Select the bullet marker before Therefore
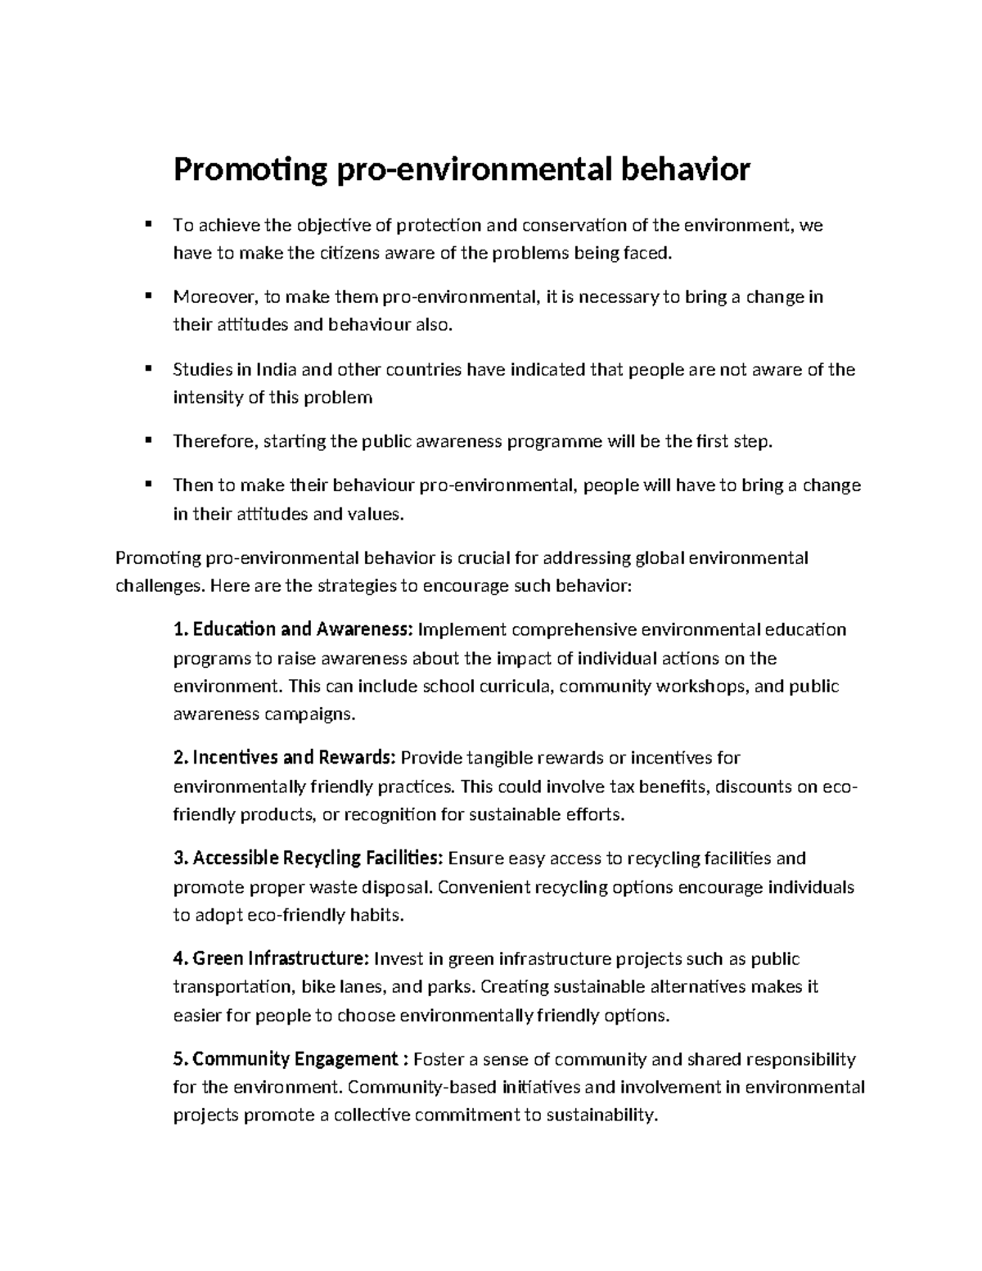(x=148, y=440)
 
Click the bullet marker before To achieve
(x=148, y=223)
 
